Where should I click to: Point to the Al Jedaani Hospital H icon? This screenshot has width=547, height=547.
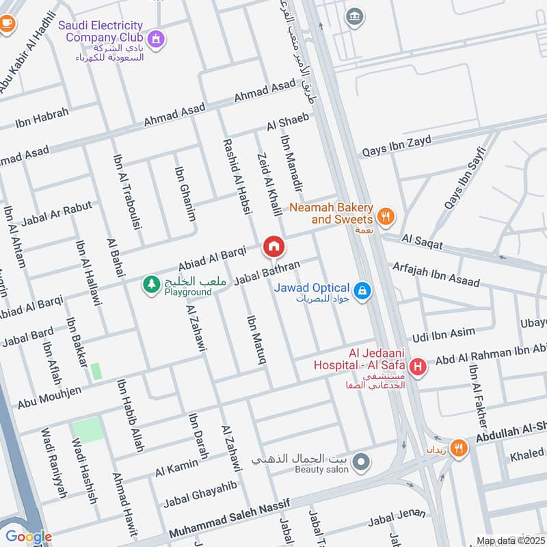click(x=418, y=369)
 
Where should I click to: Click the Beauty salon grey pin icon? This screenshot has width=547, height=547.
click(x=363, y=462)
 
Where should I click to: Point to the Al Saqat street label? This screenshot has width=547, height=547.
click(x=423, y=241)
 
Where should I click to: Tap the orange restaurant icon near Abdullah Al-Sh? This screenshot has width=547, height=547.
click(x=459, y=449)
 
